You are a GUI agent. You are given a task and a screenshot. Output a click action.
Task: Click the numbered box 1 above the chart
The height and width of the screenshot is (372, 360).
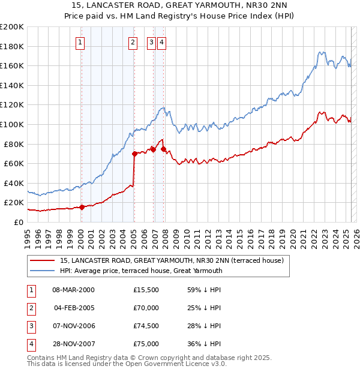80,42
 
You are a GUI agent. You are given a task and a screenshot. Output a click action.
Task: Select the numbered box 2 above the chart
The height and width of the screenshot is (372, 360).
133,42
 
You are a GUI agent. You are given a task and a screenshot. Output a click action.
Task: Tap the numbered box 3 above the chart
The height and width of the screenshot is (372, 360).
152,42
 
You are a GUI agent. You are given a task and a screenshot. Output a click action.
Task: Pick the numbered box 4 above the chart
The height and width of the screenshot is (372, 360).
162,42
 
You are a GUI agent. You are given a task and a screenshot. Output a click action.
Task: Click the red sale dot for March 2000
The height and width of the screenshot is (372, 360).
82,207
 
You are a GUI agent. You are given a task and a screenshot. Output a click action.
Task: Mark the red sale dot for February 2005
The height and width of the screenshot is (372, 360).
134,154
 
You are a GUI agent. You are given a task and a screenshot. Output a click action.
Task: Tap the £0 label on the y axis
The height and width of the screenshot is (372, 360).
18,222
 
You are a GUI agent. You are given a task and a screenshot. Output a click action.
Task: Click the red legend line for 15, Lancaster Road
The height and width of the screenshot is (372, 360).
41,260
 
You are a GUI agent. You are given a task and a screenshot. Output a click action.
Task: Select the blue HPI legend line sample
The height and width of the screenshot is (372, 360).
41,271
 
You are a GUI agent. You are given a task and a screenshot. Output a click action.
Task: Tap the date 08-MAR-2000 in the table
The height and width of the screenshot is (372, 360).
74,290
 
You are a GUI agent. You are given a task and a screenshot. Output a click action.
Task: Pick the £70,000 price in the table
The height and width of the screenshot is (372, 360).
146,308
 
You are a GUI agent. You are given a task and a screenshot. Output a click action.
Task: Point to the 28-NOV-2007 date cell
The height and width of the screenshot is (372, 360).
74,344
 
